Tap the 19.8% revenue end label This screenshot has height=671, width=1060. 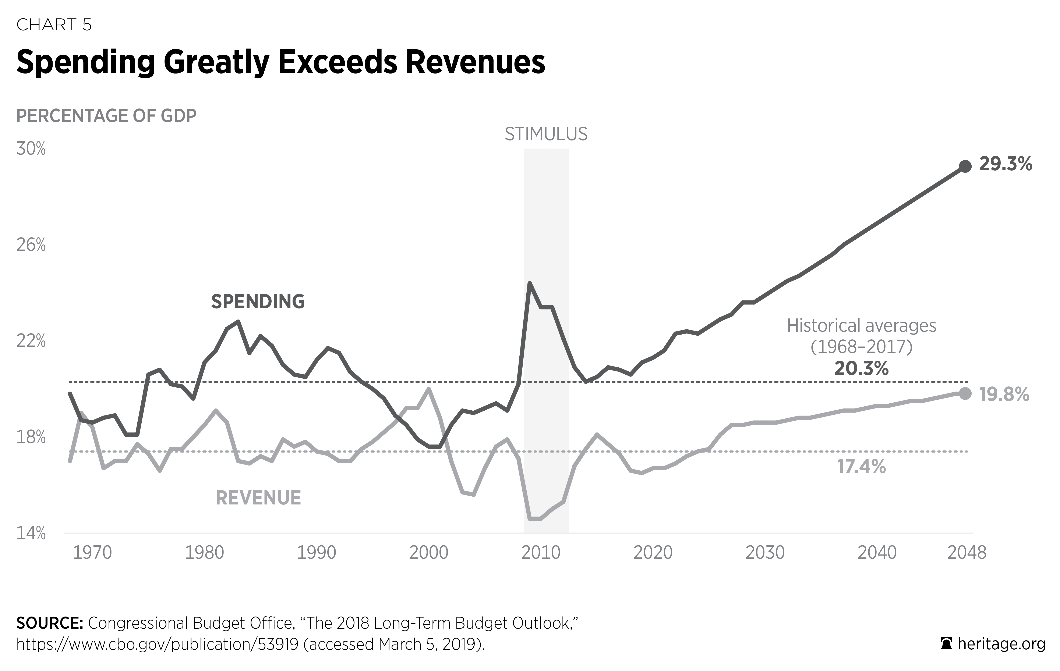1004,395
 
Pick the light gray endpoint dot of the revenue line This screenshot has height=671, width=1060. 965,393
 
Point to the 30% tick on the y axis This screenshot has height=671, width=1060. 31,149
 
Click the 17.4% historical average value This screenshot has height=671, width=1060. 862,466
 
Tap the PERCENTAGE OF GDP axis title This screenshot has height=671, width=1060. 106,116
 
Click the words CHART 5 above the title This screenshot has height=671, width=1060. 54,25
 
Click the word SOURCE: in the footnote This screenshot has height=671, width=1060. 49,623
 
